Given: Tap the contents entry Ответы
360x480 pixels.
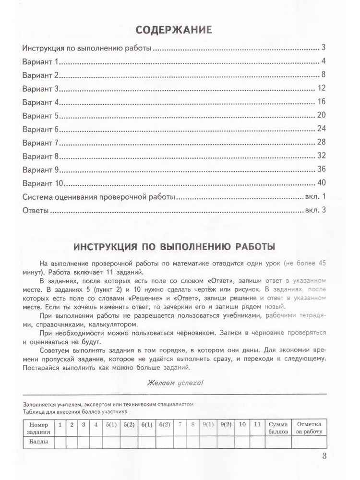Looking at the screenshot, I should [x=36, y=210].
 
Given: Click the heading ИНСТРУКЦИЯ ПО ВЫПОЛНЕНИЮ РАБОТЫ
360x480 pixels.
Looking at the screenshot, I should [x=174, y=247].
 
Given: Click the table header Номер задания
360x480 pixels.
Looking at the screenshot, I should [x=39, y=428].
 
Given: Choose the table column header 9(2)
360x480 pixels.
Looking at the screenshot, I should [x=224, y=425].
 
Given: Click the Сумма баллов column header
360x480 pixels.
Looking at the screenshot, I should [x=278, y=428].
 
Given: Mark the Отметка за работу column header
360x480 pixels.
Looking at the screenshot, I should [x=310, y=428].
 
